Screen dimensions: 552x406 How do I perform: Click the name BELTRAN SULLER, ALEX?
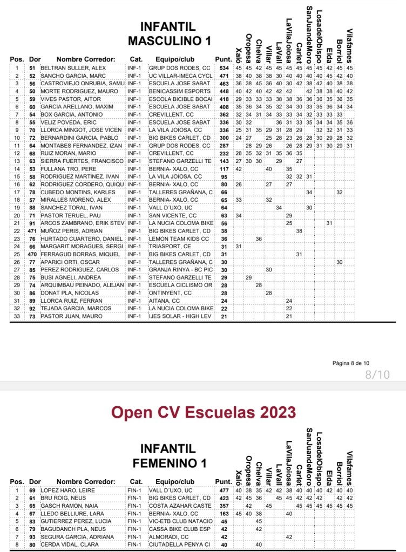click(x=73, y=68)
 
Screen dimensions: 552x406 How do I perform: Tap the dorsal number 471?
click(x=32, y=230)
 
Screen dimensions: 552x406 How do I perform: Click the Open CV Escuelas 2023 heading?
click(x=204, y=412)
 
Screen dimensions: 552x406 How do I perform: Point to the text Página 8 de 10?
click(x=351, y=363)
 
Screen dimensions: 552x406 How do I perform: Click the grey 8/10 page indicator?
click(x=377, y=374)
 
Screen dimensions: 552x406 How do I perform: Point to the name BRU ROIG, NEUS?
click(x=64, y=498)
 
